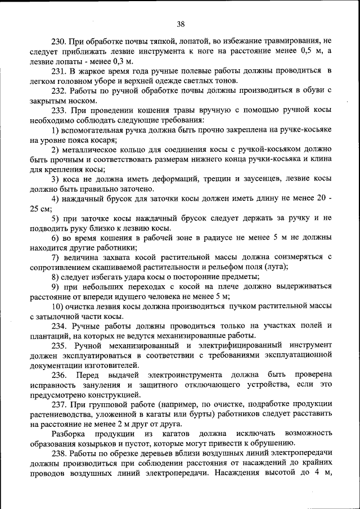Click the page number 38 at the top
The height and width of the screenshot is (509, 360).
click(180, 24)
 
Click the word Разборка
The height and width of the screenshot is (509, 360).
click(69, 433)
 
